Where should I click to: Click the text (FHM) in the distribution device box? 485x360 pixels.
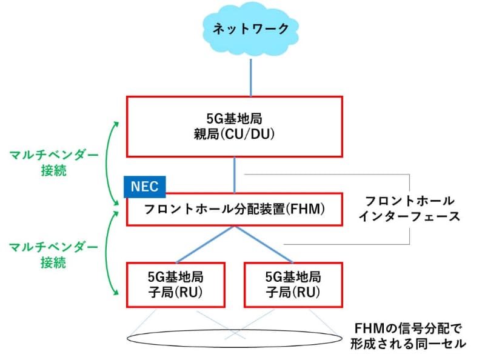point(306,210)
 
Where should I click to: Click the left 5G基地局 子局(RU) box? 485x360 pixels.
point(175,284)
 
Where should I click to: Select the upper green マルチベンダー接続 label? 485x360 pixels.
point(55,162)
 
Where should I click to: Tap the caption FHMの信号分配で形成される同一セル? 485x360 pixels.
point(407,336)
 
